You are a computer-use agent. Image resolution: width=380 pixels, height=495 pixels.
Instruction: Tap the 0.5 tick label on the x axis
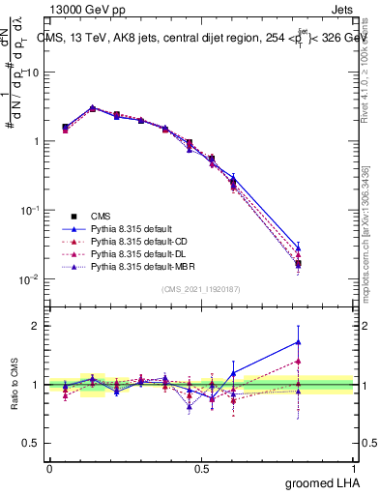(x=201, y=467)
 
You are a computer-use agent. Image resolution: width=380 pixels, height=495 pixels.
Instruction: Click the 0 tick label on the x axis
(x=49, y=467)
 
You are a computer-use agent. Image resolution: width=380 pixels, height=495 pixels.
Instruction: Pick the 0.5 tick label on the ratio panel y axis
(x=33, y=444)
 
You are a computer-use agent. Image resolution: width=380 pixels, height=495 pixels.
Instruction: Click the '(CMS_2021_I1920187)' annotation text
(x=201, y=289)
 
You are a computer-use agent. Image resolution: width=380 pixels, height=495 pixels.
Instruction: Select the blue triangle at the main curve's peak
(x=93, y=107)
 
